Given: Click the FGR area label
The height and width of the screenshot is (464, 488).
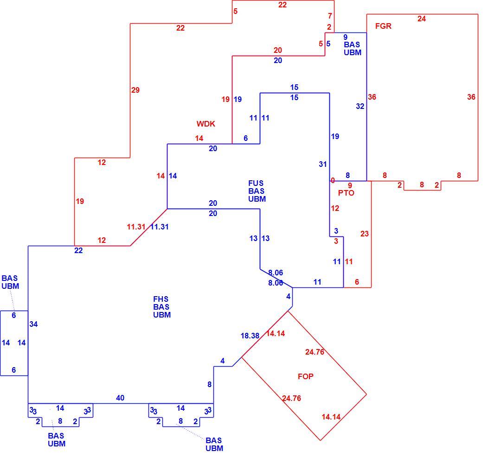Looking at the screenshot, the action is click(383, 26).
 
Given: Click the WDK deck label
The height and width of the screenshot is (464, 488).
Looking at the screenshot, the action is click(205, 124).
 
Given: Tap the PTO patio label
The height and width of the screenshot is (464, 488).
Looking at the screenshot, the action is click(346, 193).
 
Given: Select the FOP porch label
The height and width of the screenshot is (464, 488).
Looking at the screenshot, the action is click(305, 376).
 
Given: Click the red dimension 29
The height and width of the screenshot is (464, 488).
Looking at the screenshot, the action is click(135, 90).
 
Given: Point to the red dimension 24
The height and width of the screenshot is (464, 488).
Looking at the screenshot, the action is click(421, 19).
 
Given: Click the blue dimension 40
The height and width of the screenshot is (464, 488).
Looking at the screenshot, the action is click(120, 398).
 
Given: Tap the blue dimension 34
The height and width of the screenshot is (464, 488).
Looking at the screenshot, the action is click(33, 324).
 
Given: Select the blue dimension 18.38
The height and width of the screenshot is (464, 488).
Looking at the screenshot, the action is click(250, 336).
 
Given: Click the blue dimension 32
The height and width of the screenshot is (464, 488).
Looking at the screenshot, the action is click(360, 106).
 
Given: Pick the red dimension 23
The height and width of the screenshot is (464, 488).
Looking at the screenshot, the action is click(365, 234).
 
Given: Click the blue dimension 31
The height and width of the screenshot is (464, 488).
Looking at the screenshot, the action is click(323, 164).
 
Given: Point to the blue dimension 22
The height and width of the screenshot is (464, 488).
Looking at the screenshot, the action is click(78, 250).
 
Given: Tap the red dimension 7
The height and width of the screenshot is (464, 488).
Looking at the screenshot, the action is click(330, 16).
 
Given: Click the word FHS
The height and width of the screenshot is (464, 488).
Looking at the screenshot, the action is click(161, 299).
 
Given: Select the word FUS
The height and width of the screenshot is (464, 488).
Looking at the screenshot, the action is click(256, 183).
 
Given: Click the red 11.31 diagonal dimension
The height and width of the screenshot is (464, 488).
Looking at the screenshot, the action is click(136, 227).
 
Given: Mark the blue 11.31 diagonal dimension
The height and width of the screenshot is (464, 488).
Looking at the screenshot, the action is click(160, 227).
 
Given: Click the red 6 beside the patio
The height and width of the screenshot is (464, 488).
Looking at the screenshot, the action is click(357, 282).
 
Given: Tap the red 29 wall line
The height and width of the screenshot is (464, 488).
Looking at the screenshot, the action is click(130, 90).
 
